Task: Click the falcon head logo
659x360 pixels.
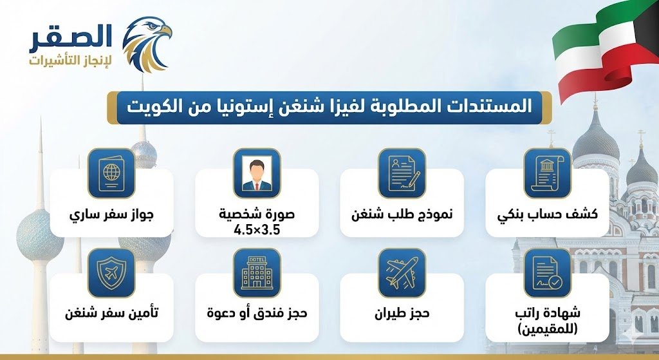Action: point(147,43)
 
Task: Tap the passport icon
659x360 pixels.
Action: point(111,173)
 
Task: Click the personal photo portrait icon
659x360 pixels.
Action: point(257,173)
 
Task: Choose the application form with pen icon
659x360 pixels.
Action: point(402,173)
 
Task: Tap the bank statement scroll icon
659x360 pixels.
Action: point(547,173)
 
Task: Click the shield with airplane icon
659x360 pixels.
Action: point(111,272)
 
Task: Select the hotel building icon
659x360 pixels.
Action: point(257,272)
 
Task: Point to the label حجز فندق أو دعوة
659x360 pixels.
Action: point(257,314)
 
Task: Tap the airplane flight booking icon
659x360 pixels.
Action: point(402,272)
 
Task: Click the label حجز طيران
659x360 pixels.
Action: point(402,314)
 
